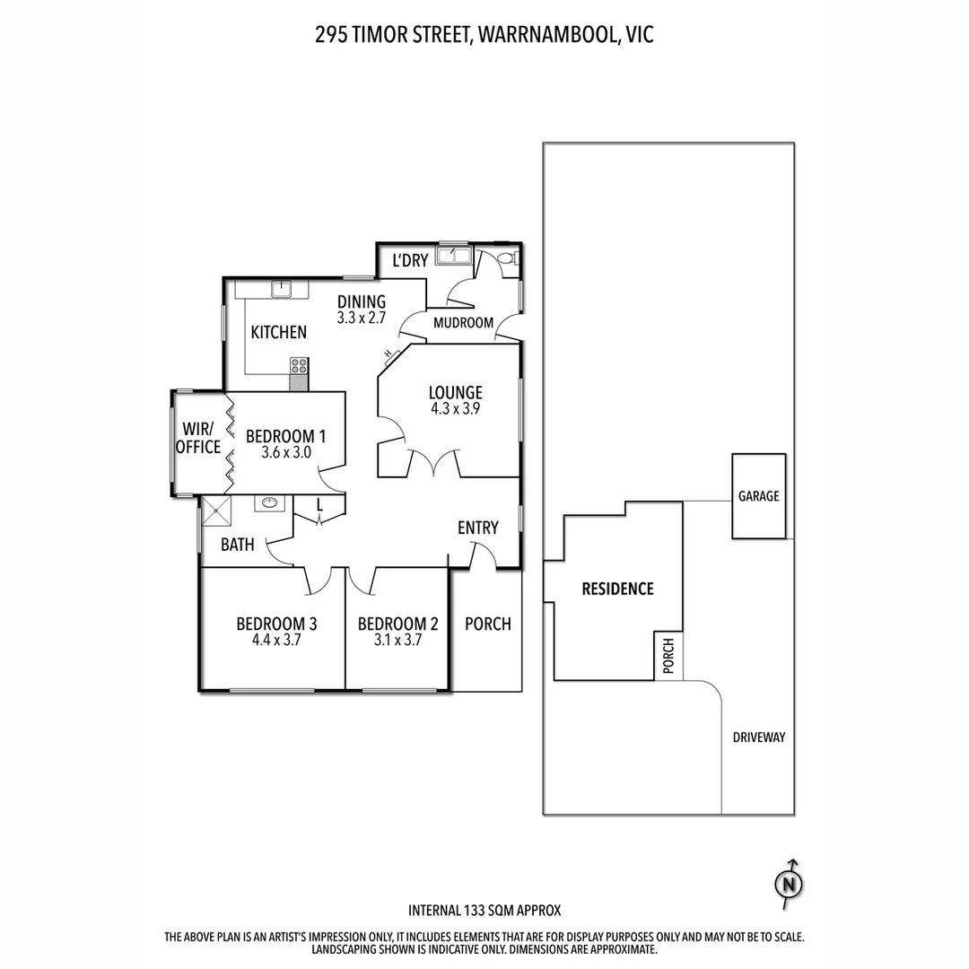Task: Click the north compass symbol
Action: tap(789, 883)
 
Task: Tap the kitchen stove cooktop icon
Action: tap(299, 366)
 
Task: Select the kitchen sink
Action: tap(282, 288)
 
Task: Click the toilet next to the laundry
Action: tap(506, 258)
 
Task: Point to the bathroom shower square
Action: tap(216, 512)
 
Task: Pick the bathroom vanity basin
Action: tap(268, 503)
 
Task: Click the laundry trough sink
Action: tap(453, 257)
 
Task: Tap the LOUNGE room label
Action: tap(455, 392)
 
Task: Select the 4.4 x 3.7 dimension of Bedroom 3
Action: tap(276, 641)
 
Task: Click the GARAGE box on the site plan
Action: tap(758, 495)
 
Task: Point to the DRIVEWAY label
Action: tap(758, 738)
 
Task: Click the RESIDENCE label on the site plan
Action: tap(617, 589)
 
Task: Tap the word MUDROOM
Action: tap(463, 323)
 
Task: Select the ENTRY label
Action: tap(477, 528)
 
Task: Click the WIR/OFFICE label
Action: tap(197, 437)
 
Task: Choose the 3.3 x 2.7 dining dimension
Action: tap(361, 318)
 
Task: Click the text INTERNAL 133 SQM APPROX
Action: tap(484, 910)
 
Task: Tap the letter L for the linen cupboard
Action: tap(319, 506)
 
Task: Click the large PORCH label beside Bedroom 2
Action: tap(487, 624)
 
